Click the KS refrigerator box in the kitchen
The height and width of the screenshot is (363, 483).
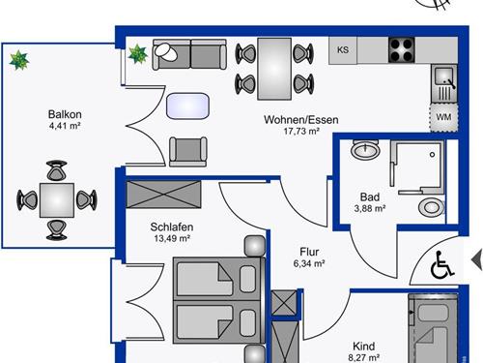tap(343, 50)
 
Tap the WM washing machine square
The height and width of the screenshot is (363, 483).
tap(443, 117)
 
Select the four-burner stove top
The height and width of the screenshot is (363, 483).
tap(401, 50)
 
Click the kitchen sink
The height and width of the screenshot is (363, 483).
tap(444, 83)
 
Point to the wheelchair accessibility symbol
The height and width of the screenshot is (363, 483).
tap(441, 265)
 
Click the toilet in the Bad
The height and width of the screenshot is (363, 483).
tap(432, 206)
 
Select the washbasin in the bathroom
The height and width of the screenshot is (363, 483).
tap(365, 149)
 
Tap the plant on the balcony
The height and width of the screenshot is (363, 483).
tap(19, 60)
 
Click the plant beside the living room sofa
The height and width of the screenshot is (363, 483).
tap(138, 54)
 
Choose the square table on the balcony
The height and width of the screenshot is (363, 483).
tap(57, 200)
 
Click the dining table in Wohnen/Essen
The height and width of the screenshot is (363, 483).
tap(274, 69)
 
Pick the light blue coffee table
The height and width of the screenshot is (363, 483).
tap(187, 106)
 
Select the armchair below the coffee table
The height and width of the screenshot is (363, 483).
tap(188, 152)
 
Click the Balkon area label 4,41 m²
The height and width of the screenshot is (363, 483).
tap(65, 126)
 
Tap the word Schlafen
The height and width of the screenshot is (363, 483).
tap(172, 227)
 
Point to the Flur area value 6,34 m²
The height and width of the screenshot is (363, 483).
tap(309, 263)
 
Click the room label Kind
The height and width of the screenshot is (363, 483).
tap(364, 347)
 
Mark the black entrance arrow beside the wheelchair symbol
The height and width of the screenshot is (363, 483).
tap(477, 260)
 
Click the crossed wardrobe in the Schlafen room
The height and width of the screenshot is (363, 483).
tap(163, 194)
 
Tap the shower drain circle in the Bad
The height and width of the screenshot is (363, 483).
tap(432, 155)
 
